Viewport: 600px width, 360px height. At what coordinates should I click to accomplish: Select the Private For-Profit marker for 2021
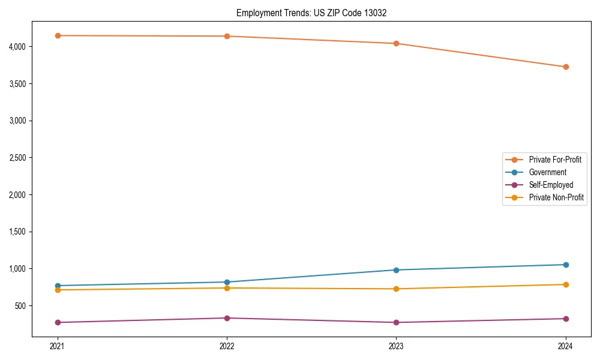point(58,35)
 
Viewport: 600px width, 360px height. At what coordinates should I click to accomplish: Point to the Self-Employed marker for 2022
point(227,318)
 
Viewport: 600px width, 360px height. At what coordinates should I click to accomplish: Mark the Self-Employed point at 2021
point(58,322)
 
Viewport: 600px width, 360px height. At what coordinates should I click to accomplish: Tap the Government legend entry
point(547,172)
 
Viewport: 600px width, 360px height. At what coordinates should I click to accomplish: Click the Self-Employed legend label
point(551,185)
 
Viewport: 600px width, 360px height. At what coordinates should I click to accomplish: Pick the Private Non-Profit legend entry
point(556,197)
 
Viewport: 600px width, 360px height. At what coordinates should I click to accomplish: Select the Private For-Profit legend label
point(554,160)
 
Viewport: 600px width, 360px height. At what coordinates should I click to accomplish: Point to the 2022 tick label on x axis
point(227,346)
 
